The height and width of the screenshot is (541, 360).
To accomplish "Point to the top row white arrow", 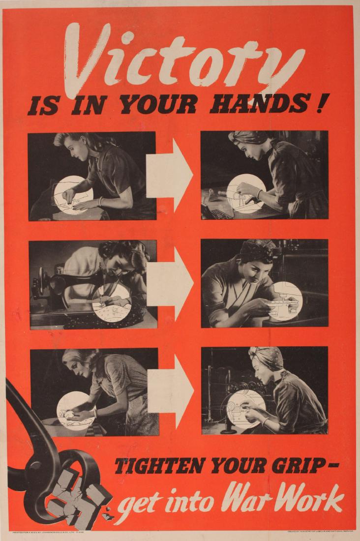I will [170, 175].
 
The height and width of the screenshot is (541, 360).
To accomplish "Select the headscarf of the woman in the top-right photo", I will [248, 137].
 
